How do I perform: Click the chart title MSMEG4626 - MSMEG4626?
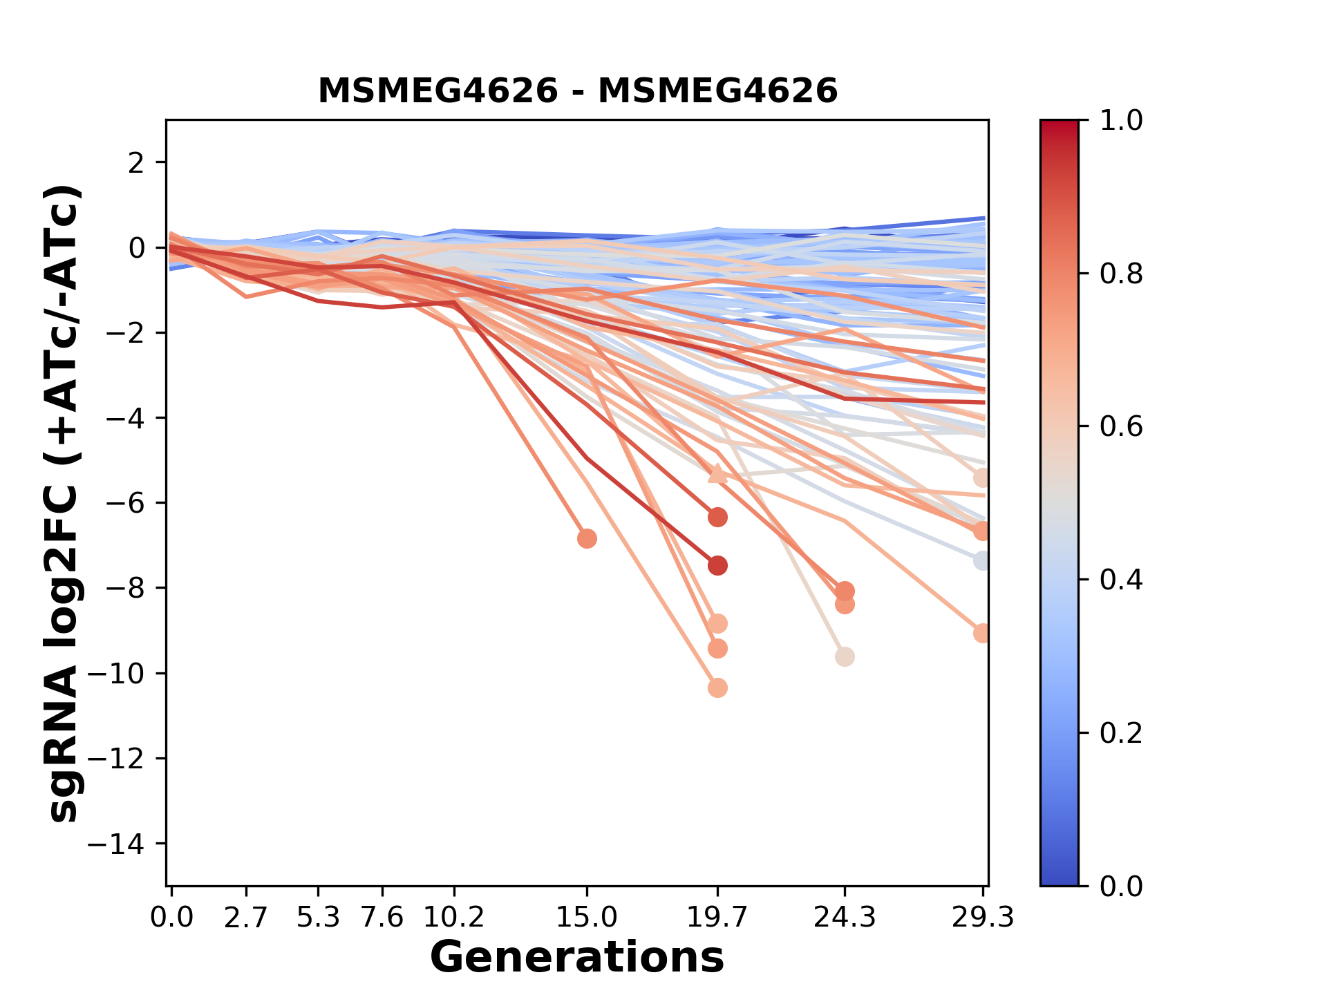coord(578,91)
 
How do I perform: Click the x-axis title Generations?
coord(577,958)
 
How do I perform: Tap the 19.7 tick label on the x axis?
coord(717,918)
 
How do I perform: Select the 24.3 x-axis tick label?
coord(845,918)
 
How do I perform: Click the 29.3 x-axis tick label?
coord(983,918)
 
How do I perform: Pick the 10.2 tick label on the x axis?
coord(453,918)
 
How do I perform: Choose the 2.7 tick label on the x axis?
coord(246,918)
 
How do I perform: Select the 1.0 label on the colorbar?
coord(1121,121)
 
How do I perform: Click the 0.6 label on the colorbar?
coord(1121,427)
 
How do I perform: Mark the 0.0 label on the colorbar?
coord(1121,886)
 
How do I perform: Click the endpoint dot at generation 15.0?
coord(587,538)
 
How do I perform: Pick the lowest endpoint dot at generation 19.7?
coord(717,688)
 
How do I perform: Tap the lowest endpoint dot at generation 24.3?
coord(845,656)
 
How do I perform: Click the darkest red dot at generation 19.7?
coord(717,565)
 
